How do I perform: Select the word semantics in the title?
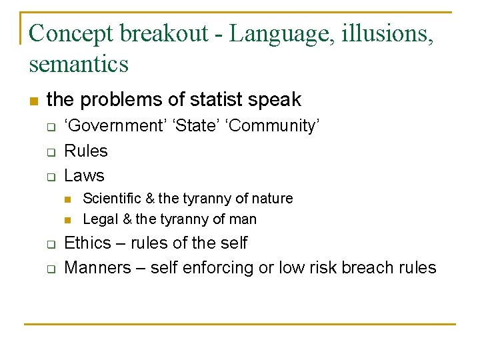tap(79, 65)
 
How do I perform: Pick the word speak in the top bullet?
tap(275, 100)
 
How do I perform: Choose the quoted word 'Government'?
tap(111, 126)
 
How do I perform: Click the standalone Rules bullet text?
tap(85, 151)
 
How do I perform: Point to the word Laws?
tap(84, 175)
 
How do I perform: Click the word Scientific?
tap(111, 199)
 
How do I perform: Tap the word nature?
tap(273, 199)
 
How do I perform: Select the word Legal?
tap(99, 219)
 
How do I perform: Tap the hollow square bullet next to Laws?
tap(49, 177)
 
